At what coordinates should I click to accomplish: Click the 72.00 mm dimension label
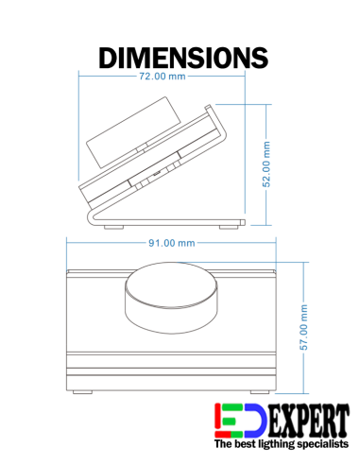click(163, 77)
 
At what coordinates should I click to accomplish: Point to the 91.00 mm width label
click(172, 243)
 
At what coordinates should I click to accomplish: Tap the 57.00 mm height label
click(304, 327)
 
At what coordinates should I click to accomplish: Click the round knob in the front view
click(170, 299)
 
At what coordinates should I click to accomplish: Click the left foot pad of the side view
click(119, 227)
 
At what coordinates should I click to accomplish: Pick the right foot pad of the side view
click(229, 227)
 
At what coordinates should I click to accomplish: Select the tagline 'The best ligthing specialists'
click(280, 443)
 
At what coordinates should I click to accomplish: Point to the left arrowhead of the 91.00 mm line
click(67, 243)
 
